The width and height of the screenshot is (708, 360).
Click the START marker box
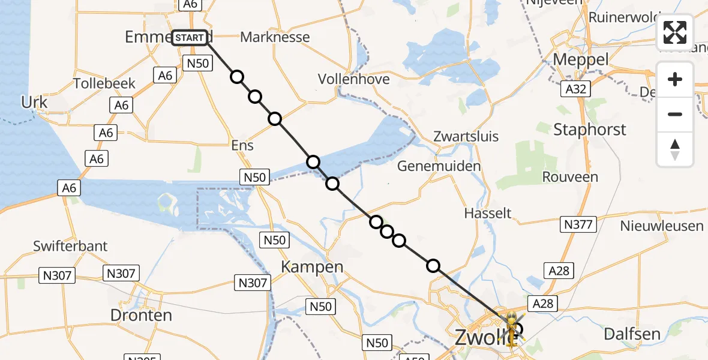pos(190,38)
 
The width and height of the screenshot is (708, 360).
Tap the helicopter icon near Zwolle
pos(512,328)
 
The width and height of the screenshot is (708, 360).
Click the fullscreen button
pos(675,32)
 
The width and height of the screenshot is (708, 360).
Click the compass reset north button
pos(675,149)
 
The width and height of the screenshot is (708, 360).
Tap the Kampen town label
pos(314,267)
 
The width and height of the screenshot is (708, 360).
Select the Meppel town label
pos(580,59)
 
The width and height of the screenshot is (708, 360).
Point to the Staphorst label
pos(581,129)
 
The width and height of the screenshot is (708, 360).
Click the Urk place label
pos(34,103)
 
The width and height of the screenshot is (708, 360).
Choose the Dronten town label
pos(141,315)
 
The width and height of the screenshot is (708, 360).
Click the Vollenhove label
pos(353,79)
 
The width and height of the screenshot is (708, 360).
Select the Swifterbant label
pos(70,246)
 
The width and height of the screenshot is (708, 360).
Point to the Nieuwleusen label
pos(662,226)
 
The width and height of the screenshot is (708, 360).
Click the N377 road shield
pos(578,225)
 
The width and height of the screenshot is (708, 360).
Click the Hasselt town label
pos(488,213)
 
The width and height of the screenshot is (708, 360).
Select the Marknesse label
pos(275,37)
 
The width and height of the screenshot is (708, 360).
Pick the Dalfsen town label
pos(632,334)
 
